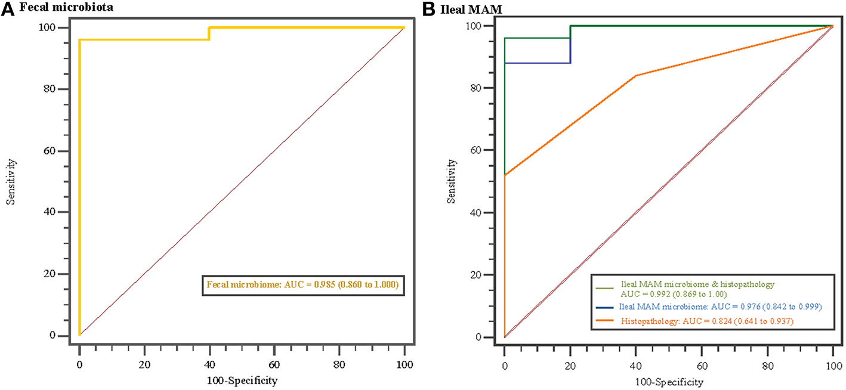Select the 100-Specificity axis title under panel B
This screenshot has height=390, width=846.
[668, 380]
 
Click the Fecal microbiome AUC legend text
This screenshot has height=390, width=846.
[302, 286]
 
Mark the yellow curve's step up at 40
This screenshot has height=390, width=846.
[209, 33]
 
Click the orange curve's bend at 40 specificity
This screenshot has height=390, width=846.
[636, 76]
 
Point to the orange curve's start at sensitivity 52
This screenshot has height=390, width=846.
[505, 175]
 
